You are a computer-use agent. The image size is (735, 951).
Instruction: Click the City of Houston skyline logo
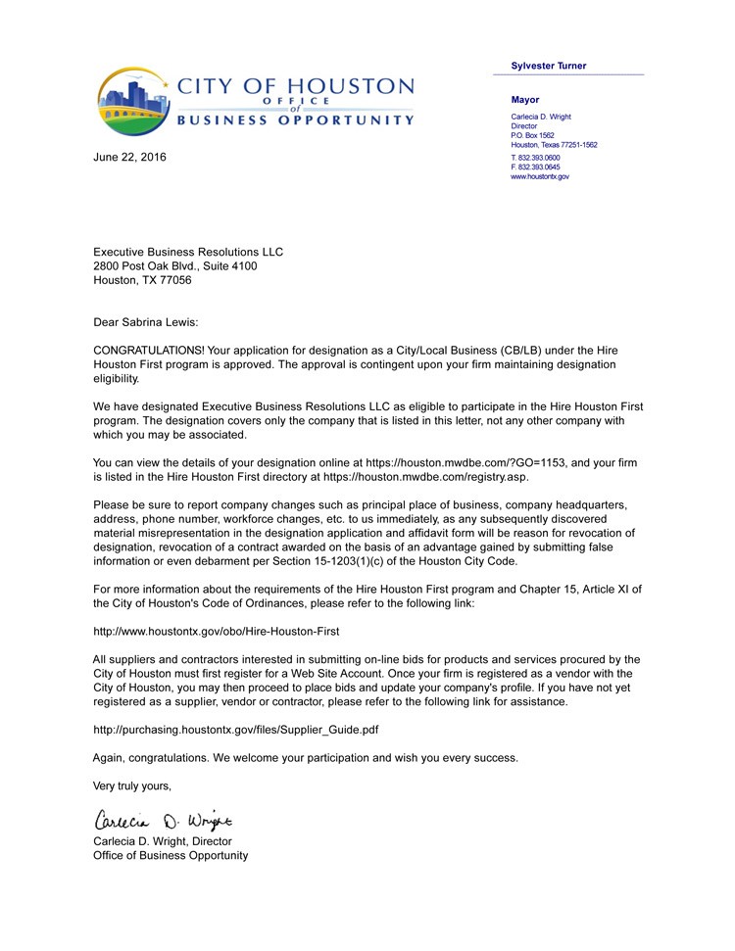135,102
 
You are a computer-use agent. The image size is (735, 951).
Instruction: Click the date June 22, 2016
129,157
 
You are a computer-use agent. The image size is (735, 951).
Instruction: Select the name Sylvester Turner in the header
549,66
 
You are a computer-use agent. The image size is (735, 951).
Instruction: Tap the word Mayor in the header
525,100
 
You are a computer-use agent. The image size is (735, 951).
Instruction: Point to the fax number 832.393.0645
538,166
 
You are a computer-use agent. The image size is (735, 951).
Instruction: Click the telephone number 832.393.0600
538,157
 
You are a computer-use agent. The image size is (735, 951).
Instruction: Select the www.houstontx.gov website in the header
540,176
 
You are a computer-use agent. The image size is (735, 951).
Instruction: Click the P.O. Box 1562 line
532,135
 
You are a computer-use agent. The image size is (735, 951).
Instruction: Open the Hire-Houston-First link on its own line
216,632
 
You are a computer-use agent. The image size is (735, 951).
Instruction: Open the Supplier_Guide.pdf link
235,730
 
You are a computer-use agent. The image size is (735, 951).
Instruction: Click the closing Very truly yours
132,785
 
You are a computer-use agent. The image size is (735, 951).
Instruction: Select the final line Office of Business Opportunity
171,855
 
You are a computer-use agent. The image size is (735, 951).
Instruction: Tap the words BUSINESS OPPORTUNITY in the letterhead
295,120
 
